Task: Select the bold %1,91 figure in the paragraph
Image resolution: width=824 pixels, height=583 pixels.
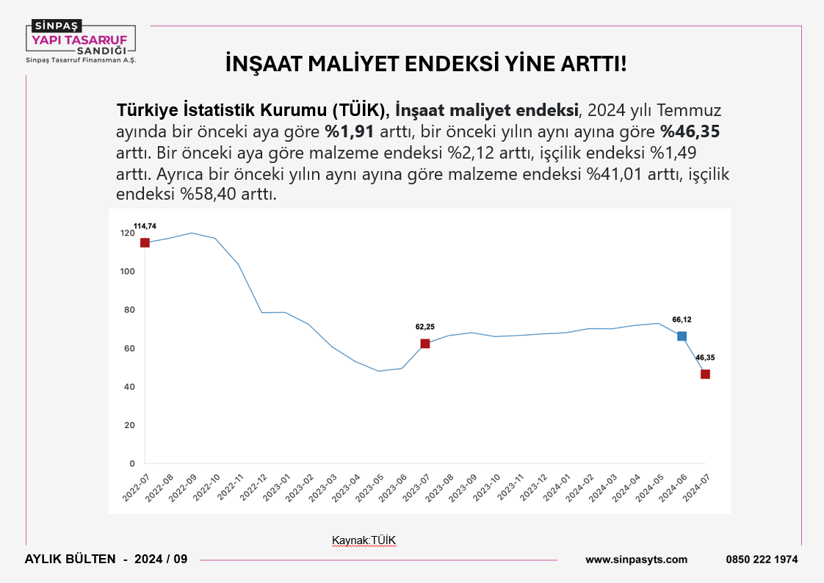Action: pyautogui.click(x=350, y=132)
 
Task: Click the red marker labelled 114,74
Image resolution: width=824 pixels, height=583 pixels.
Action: pyautogui.click(x=145, y=243)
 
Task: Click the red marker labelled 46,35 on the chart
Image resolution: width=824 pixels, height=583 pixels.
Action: pyautogui.click(x=705, y=374)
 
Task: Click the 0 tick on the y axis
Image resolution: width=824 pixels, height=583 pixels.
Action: pyautogui.click(x=132, y=463)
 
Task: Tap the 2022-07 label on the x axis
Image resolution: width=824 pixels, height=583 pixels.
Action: pyautogui.click(x=135, y=487)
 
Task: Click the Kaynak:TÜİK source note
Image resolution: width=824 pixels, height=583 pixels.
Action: pyautogui.click(x=364, y=541)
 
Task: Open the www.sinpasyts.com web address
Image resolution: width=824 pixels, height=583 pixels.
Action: pyautogui.click(x=636, y=560)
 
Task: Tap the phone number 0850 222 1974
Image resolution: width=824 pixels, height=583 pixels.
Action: pyautogui.click(x=762, y=560)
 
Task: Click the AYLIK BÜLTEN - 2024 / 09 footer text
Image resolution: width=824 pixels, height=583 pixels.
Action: pyautogui.click(x=106, y=560)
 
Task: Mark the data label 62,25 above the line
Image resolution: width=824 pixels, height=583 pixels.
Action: pyautogui.click(x=424, y=327)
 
